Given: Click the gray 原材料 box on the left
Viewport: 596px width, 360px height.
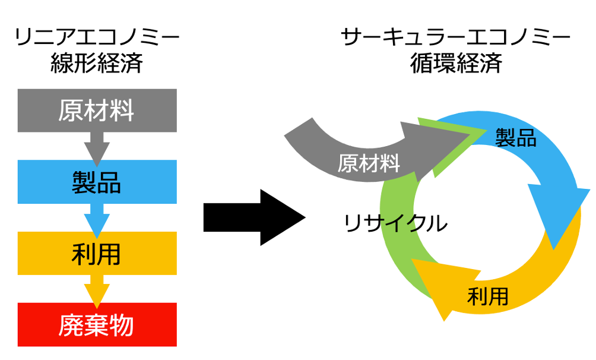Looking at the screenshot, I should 97,110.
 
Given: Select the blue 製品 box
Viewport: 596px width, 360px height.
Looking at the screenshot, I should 97,182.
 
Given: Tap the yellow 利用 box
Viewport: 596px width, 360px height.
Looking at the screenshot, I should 97,254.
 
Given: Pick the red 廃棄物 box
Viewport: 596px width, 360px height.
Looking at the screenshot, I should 97,324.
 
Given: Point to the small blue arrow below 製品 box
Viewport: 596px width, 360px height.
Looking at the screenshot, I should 97,219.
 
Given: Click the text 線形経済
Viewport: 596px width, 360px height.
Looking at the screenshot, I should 97,63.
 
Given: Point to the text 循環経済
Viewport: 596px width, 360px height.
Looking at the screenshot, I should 455,63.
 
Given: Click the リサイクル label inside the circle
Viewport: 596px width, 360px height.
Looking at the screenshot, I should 395,223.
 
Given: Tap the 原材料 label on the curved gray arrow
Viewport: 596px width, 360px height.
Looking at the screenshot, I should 369,163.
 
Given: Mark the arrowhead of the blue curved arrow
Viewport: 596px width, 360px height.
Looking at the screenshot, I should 561,214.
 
